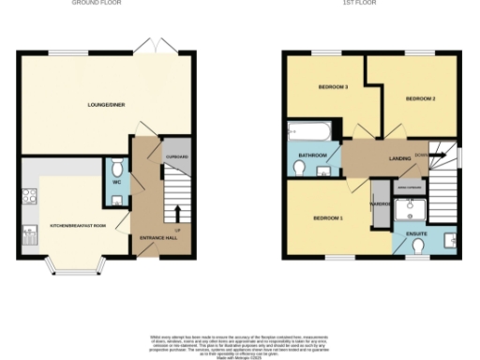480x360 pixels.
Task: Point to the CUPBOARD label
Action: tap(177, 157)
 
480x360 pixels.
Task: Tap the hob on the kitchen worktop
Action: tap(28, 197)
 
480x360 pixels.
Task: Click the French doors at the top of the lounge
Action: tap(150, 47)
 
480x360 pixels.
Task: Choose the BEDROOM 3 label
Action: tap(333, 87)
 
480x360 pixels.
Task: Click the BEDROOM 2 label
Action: tap(421, 98)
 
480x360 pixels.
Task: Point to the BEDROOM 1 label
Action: tap(327, 218)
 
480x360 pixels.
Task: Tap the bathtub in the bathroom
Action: tap(306, 129)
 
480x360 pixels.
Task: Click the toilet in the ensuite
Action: tap(418, 245)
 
